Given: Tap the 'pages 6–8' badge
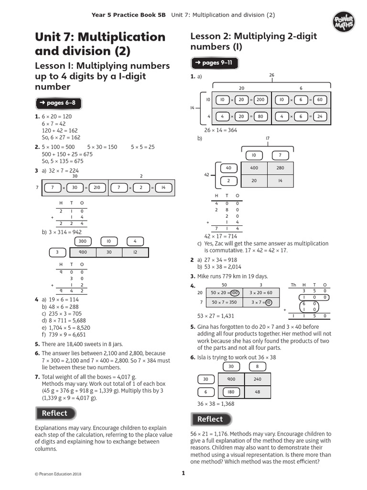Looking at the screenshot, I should tap(56, 103).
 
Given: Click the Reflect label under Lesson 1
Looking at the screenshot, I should tap(55, 413).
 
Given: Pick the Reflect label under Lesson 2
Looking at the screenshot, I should tap(210, 419).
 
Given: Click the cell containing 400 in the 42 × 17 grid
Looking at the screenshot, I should tap(254, 168).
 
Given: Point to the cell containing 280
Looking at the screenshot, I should tap(280, 168).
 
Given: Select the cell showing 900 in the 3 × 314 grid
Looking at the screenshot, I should tap(83, 252).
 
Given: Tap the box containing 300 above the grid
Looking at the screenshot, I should tap(83, 241).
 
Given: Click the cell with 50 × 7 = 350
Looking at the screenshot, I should tap(224, 302).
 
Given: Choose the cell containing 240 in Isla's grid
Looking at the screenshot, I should tap(257, 379).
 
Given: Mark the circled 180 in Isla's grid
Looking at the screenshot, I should tap(231, 392).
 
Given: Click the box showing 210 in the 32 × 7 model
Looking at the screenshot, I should tap(97, 188).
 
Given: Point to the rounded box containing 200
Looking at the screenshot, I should tap(260, 100).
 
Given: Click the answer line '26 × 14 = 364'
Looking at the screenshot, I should tap(221, 130).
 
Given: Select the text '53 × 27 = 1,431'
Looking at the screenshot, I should tap(216, 316).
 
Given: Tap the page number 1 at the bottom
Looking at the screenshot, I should tap(183, 473).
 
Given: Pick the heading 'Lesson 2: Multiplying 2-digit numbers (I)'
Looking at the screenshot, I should tap(253, 42).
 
